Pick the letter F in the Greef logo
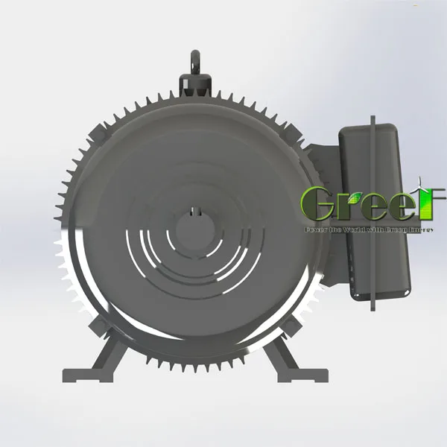(430, 203)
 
